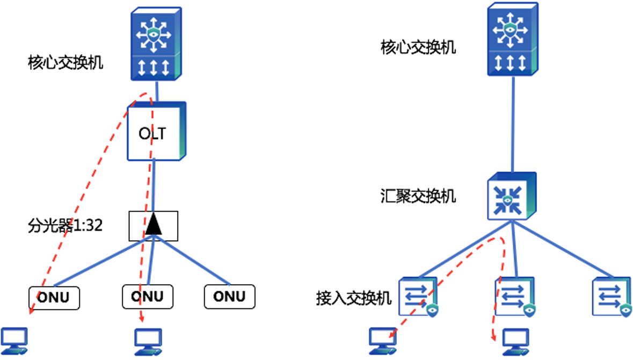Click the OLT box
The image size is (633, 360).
[156, 132]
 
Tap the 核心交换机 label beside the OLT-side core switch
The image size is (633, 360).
[65, 63]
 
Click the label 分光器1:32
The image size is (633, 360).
[65, 226]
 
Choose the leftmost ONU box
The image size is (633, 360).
[54, 297]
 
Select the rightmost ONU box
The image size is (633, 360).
[229, 296]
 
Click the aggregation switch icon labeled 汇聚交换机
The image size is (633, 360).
[511, 196]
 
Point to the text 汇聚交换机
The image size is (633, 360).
[417, 196]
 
